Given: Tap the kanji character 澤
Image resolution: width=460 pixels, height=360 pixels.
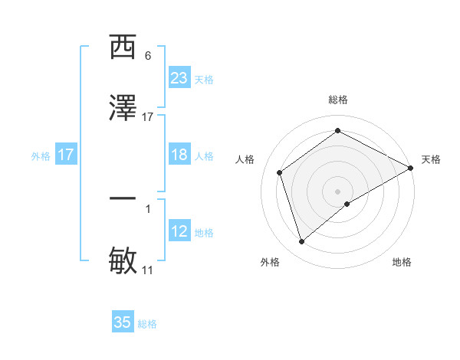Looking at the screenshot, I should (123, 109).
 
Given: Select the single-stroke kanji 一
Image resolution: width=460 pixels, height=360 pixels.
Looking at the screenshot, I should (123, 199).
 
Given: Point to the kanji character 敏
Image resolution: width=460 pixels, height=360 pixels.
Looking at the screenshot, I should (123, 260).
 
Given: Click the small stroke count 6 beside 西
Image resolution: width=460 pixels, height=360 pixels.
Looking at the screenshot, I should (148, 56).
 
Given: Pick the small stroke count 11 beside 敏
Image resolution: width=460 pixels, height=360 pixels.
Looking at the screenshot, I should (148, 270).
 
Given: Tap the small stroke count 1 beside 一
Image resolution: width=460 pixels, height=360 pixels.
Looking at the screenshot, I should (148, 208).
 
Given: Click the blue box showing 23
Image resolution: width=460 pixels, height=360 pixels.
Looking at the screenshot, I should (179, 78).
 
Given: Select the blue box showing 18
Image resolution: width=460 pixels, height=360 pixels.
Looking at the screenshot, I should (179, 155).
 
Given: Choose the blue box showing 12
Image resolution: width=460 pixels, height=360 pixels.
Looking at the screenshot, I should (179, 231).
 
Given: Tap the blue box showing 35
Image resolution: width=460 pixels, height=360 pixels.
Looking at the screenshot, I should (123, 322).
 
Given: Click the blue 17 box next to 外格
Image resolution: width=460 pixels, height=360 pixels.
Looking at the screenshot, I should (66, 155).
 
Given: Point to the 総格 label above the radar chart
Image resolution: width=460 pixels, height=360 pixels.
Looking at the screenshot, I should (338, 100).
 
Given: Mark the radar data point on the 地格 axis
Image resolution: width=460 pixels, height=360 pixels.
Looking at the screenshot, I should (347, 204).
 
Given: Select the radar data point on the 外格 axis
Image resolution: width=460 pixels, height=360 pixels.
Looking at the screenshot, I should (301, 242).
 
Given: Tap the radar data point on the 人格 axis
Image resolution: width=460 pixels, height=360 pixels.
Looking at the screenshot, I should (280, 172).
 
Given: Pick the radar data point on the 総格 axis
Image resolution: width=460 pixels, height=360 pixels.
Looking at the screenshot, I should (338, 130).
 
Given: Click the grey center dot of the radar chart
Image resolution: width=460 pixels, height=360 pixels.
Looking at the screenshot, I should (338, 191).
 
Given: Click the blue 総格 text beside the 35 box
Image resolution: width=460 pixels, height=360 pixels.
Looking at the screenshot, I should (147, 324).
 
